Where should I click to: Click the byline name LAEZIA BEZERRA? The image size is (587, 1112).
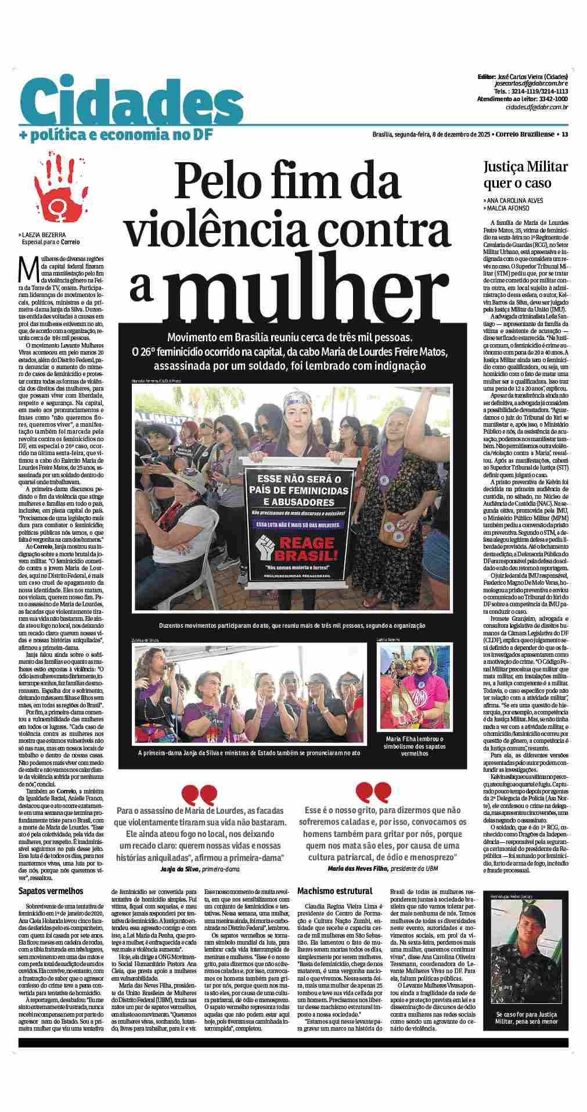(44, 234)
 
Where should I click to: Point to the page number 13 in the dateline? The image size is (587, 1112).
(564, 135)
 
